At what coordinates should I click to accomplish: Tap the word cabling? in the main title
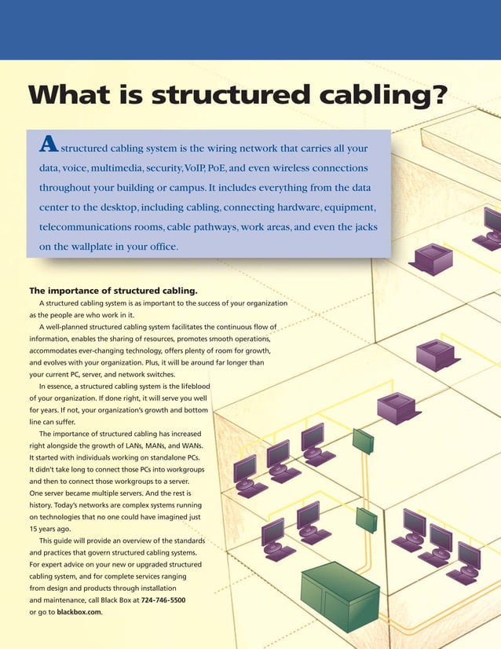click(378, 96)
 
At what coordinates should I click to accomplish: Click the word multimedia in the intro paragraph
click(124, 168)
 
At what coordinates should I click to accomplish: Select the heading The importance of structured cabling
click(112, 289)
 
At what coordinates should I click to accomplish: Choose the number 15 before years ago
click(35, 530)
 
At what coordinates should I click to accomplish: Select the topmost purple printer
click(433, 258)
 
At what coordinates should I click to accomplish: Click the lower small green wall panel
click(367, 519)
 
